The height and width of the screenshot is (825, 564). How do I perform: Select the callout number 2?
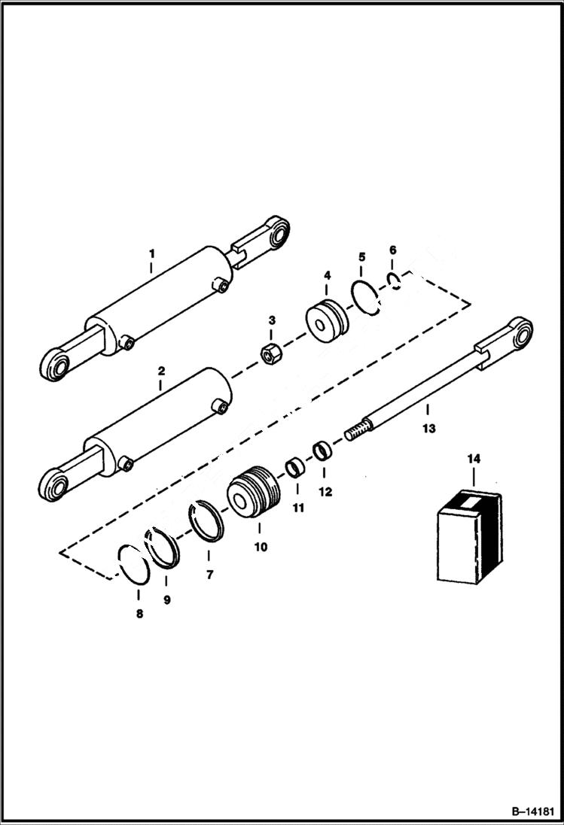[x=160, y=371]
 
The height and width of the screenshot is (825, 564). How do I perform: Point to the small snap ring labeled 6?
[x=394, y=281]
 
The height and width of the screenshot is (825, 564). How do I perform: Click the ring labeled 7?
[x=205, y=521]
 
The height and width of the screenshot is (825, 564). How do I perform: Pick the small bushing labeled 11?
[x=294, y=469]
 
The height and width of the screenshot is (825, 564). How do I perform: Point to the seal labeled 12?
[x=322, y=451]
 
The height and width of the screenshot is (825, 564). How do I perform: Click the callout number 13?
[x=428, y=429]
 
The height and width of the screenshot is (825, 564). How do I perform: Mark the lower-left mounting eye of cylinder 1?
[x=54, y=369]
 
